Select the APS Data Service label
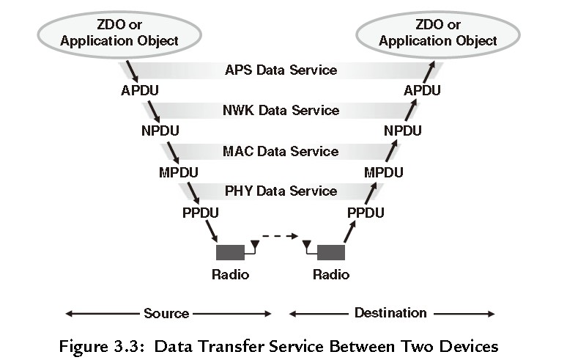(281, 70)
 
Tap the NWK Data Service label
(281, 111)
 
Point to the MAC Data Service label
(281, 151)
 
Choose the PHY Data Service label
(281, 191)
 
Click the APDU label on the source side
(140, 91)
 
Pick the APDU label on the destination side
(422, 91)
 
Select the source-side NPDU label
(160, 131)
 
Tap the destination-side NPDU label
(403, 131)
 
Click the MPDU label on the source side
(179, 172)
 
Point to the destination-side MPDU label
(384, 172)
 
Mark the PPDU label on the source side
(200, 213)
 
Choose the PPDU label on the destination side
(366, 213)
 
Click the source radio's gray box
(230, 252)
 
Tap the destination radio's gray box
(330, 252)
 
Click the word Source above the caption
(166, 313)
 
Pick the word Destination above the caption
(390, 312)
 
